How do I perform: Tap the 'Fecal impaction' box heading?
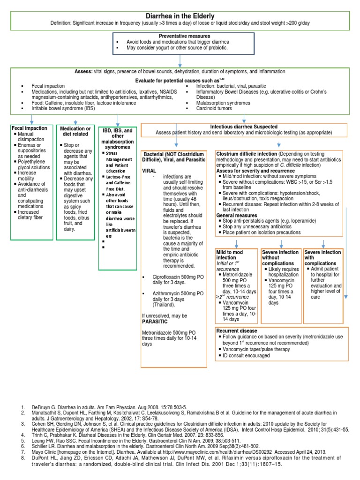(x=29, y=127)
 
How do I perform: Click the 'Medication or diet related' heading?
(x=75, y=131)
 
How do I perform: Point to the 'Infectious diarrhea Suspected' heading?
(x=244, y=127)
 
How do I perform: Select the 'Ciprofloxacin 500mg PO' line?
(x=178, y=277)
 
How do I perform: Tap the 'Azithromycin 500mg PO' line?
(x=177, y=293)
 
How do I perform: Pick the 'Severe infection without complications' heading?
(x=280, y=257)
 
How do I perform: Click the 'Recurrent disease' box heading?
(x=237, y=330)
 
